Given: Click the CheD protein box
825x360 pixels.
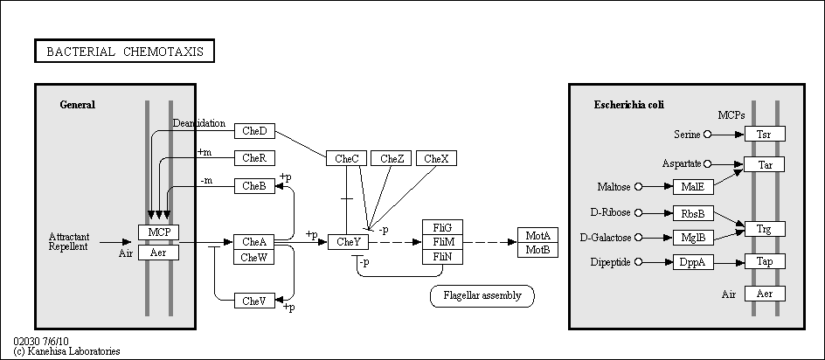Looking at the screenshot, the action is pos(254,131).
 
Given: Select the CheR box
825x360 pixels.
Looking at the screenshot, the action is pos(254,158).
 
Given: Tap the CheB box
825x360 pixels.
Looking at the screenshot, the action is pos(254,186).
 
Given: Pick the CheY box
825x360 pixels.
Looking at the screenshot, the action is pos(349,242).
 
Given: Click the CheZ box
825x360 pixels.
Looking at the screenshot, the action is pos(392,158).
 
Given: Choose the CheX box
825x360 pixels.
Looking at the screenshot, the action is pos(436,158).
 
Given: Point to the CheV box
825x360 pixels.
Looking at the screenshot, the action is pos(254,301).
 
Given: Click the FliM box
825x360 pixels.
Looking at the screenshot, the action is pos(443,242).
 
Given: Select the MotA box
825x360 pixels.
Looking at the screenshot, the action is pos(537,235).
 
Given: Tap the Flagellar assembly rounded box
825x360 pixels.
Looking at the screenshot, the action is pos(482,296).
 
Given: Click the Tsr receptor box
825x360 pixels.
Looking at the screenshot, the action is pos(765,135).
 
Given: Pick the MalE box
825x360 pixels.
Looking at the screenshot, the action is pos(693,187).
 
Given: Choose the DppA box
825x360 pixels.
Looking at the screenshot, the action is pos(693,262).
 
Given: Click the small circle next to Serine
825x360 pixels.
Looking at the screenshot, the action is pos(707,135).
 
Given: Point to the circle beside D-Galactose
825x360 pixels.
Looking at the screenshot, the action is pos(639,238).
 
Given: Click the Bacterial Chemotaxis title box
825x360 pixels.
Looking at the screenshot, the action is pos(125,51).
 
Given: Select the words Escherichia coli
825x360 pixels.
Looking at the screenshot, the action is pos(629,105).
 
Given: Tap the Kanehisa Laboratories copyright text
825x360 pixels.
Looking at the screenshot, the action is pos(66,351).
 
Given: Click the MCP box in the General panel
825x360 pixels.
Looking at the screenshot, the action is pos(159,232).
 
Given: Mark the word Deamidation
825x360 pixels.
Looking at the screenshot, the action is pos(199,123).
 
